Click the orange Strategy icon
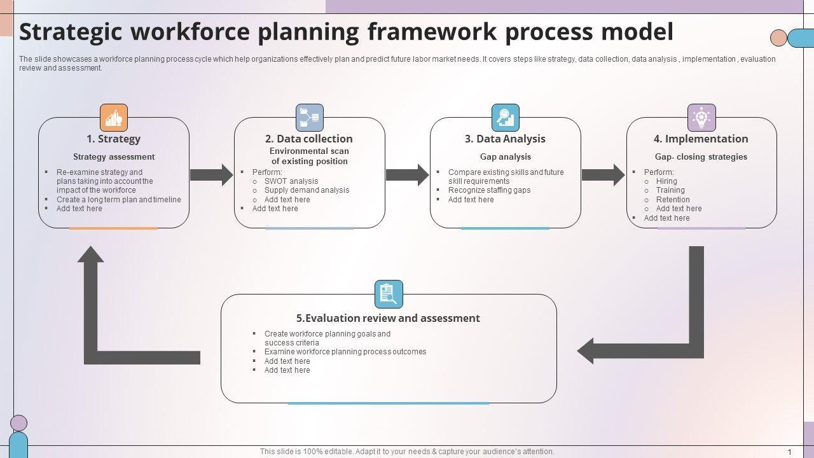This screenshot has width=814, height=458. point(114,118)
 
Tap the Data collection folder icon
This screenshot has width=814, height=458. point(310,118)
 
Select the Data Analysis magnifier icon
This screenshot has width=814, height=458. point(506,118)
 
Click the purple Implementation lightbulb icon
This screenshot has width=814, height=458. point(701,118)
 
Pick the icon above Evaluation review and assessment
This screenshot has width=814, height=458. point(389,294)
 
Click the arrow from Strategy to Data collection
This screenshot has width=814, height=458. point(212,175)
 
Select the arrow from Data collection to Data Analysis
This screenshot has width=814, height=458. point(408,175)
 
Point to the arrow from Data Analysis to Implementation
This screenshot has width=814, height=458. point(604,175)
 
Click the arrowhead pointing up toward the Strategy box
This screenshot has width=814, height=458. point(90,255)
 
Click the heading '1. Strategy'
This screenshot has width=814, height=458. point(113,139)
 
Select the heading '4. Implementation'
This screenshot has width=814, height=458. point(701,139)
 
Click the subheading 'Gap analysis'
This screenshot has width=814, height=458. point(506,156)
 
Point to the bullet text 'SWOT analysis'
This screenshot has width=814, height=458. point(291,181)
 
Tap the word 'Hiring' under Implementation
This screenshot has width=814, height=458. point(666,181)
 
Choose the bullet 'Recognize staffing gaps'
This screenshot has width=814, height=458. point(489,190)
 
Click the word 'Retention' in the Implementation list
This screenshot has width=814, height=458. point(673,200)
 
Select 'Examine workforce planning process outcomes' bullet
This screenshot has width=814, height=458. point(345,352)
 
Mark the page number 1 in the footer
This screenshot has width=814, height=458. point(790,452)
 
